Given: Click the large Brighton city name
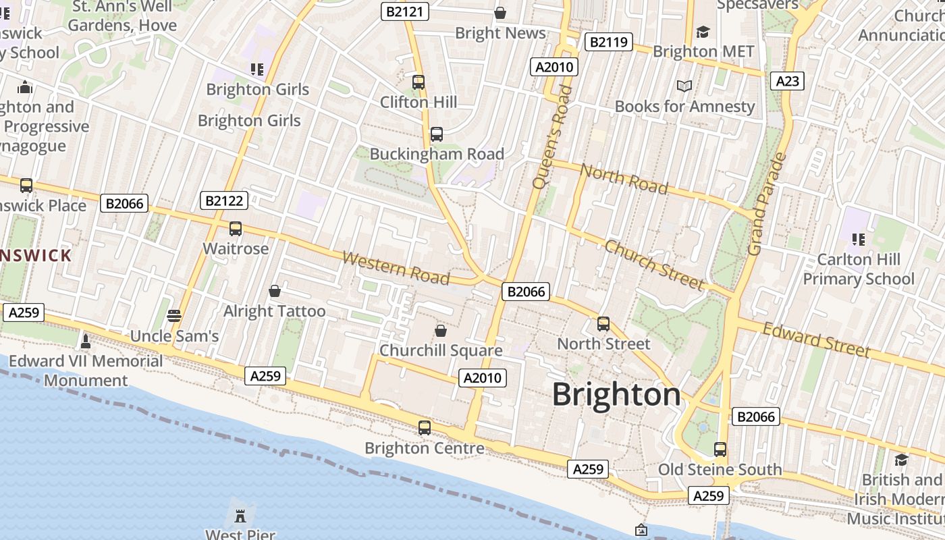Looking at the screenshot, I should click(x=616, y=395).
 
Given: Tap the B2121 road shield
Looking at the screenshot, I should click(x=405, y=11).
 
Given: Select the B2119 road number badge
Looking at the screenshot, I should click(x=608, y=42).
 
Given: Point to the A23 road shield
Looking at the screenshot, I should click(x=787, y=81).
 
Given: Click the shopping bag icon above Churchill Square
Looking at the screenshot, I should click(x=441, y=331).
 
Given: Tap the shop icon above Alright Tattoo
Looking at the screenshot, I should click(x=275, y=291).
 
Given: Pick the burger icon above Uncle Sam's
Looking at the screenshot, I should click(x=174, y=315).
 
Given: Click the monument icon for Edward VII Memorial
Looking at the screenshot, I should click(x=86, y=341).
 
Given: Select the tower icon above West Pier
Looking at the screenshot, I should click(x=239, y=516).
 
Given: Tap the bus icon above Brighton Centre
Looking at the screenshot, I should click(x=425, y=427).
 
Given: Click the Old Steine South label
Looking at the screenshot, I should click(x=720, y=469).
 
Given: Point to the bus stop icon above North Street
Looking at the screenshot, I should click(x=603, y=324).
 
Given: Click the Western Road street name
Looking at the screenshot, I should click(x=396, y=267).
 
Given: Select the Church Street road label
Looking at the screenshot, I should click(x=654, y=265).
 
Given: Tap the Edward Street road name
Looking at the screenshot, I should click(x=816, y=340).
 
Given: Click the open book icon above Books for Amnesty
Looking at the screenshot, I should click(x=684, y=86).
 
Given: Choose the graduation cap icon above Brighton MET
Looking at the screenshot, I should click(x=703, y=32).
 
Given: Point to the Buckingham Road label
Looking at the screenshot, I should click(x=437, y=154).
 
